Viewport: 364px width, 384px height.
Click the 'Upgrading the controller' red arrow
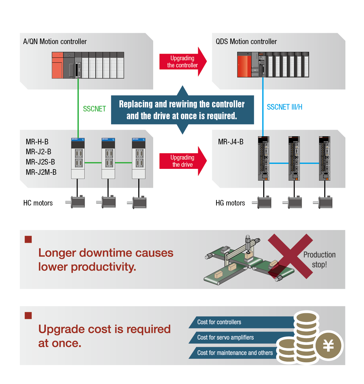click(182, 62)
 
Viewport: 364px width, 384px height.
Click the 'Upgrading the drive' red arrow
click(182, 161)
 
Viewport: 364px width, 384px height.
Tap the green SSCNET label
click(94, 109)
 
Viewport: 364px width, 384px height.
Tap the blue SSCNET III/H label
click(284, 107)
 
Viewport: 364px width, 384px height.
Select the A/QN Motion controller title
click(55, 42)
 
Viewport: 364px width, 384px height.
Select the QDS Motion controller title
click(246, 42)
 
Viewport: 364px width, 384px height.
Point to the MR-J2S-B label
click(40, 162)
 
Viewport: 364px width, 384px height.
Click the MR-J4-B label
click(231, 142)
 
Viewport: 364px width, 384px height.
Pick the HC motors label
click(38, 203)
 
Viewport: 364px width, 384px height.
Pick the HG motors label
click(230, 203)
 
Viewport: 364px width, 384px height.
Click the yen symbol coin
click(328, 346)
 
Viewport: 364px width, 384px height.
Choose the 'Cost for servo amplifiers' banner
click(225, 337)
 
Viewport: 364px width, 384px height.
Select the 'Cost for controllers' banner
click(219, 322)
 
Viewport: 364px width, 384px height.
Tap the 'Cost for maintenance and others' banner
click(235, 353)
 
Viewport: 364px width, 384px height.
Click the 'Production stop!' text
click(319, 260)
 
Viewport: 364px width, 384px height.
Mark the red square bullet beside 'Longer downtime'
click(28, 239)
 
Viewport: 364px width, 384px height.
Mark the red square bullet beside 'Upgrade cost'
click(28, 316)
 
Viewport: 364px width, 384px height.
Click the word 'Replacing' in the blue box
click(136, 104)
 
